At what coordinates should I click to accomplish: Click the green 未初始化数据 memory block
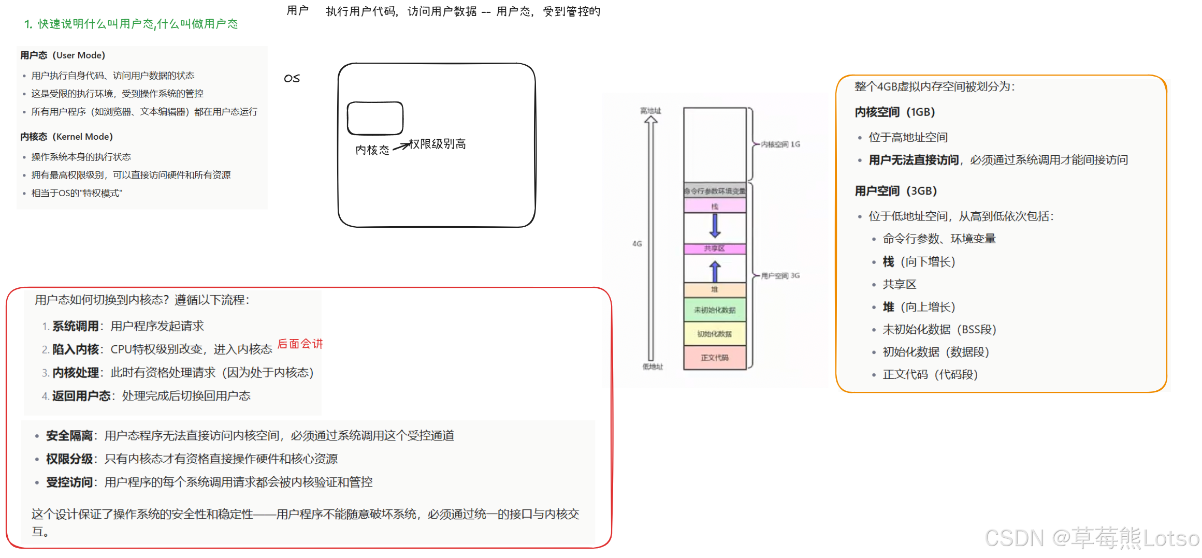coord(715,310)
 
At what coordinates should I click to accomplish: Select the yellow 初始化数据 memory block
coord(715,334)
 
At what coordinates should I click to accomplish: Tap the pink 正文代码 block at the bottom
coord(715,358)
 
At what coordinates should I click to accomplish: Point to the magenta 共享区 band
coord(715,248)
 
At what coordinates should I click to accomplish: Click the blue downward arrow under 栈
coord(715,225)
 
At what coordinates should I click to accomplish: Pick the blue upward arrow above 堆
coord(715,271)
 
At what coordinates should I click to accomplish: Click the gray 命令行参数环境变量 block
coord(715,190)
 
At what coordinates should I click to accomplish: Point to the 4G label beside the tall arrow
coord(637,243)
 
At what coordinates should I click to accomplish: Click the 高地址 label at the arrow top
coord(650,111)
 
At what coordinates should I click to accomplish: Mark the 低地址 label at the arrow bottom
coord(653,366)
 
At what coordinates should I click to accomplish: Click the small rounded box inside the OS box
coord(375,118)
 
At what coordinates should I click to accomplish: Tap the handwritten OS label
coord(292,78)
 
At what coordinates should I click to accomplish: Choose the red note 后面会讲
coord(300,344)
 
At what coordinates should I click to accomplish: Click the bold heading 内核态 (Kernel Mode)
coord(66,137)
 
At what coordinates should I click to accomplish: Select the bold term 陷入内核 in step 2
coord(76,349)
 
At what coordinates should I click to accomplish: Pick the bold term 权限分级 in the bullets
coord(69,459)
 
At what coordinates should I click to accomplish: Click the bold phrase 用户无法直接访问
coord(914,160)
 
